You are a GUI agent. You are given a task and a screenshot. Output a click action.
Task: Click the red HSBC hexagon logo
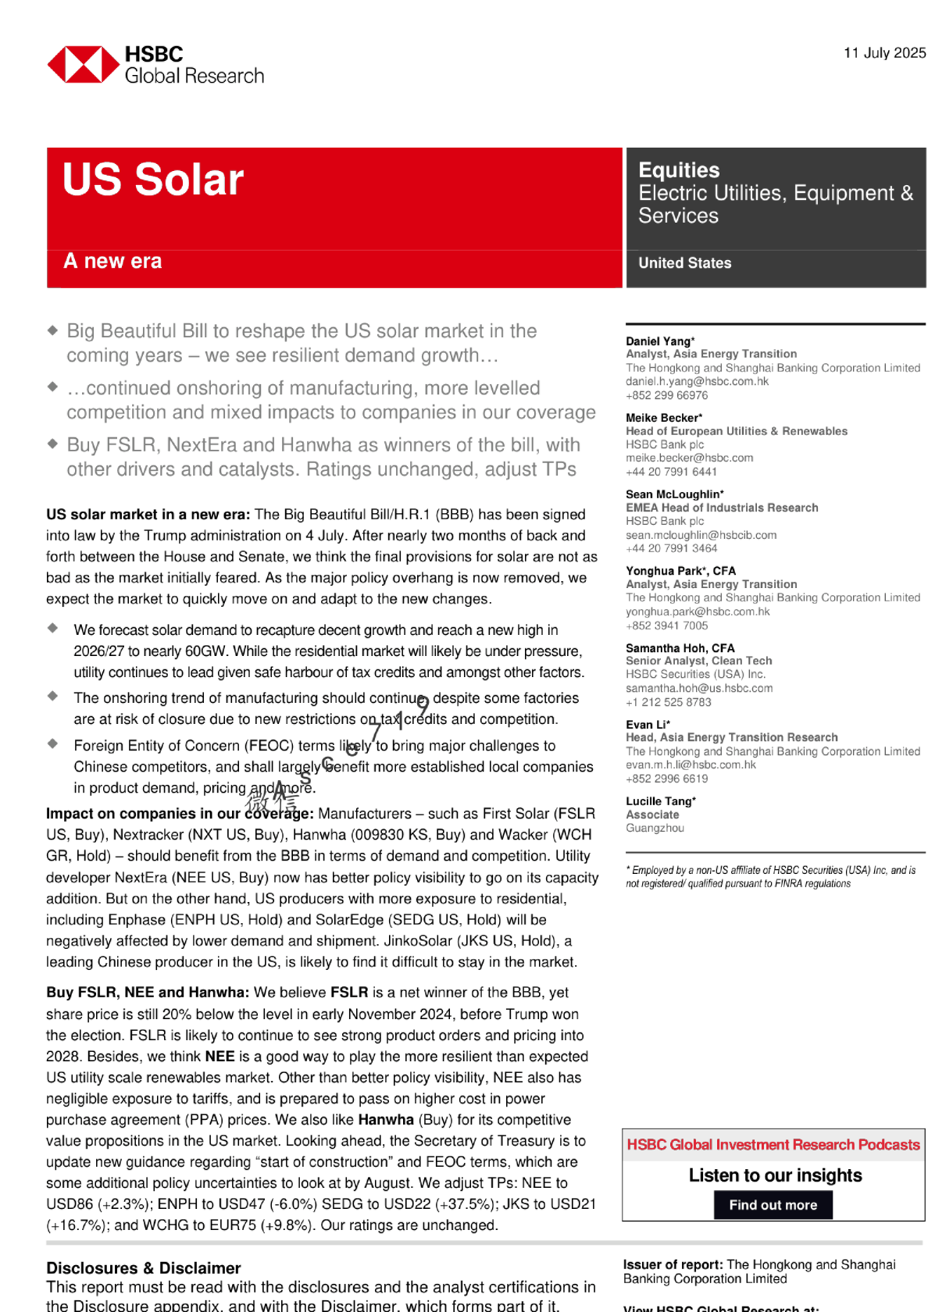coord(84,65)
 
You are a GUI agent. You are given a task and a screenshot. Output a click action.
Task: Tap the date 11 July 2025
coord(884,53)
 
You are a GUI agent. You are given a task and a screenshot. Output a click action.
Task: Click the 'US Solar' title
coord(153,180)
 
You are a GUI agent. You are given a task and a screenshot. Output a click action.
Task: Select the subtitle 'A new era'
coord(112,261)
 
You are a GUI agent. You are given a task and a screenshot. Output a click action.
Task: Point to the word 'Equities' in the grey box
coord(679,170)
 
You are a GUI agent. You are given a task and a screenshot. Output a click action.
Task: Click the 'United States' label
coord(685,263)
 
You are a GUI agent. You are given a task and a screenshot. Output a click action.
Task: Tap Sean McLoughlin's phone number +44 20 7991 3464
coord(671,548)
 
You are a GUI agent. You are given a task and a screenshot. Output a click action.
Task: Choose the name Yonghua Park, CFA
coord(680,571)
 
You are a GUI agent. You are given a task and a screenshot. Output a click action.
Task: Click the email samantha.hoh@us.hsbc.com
coord(699,688)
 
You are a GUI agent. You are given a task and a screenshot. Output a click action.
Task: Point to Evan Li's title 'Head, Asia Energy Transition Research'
coord(731,737)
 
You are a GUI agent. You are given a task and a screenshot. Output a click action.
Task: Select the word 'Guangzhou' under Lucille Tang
coord(655,828)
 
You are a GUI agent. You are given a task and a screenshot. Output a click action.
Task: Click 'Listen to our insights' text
coord(775,1175)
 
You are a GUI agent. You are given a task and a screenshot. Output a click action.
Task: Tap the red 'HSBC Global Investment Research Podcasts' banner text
coord(773,1145)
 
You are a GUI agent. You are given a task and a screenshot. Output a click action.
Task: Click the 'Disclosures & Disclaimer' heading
coord(144,1268)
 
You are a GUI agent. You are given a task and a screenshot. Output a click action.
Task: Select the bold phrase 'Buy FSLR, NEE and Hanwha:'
coord(148,993)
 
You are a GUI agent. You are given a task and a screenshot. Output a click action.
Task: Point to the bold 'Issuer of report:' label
coord(673,1264)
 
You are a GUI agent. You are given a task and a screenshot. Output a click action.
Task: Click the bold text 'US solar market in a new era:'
coord(148,515)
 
